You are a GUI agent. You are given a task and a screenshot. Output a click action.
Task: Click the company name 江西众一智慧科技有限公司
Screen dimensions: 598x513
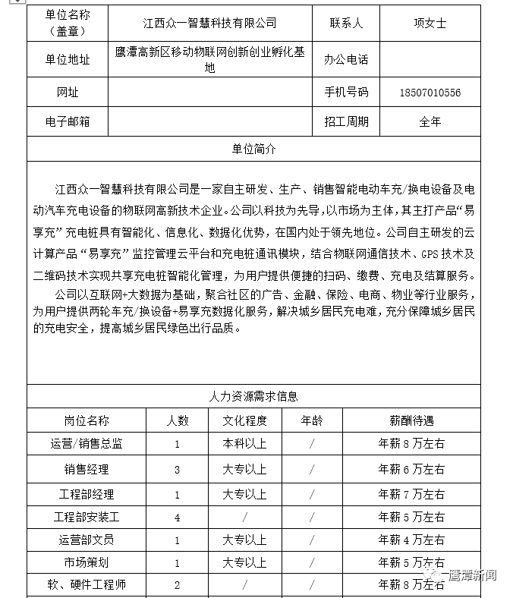click(210, 24)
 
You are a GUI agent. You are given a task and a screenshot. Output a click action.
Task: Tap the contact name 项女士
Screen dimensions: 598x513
click(430, 24)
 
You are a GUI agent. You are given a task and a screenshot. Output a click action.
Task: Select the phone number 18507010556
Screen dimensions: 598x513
click(430, 93)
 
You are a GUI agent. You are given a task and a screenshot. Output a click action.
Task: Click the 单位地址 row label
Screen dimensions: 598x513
click(68, 60)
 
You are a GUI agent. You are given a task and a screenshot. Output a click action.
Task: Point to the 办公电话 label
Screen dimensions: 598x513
click(346, 60)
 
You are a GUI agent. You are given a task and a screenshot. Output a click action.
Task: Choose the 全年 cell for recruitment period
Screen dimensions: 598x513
click(430, 121)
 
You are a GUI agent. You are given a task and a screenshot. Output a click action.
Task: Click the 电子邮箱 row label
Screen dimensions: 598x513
click(68, 121)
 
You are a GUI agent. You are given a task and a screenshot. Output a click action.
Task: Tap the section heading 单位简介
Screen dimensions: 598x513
click(253, 149)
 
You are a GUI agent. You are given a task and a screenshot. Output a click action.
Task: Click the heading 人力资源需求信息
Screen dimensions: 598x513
click(253, 396)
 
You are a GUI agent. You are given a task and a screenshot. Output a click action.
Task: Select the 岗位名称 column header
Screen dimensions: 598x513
click(87, 420)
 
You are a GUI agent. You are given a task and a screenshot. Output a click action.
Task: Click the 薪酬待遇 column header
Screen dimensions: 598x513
click(411, 420)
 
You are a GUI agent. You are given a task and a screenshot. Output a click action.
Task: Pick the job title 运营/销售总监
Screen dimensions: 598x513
click(87, 444)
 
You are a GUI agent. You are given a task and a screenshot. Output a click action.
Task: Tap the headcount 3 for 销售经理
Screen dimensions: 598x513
click(177, 470)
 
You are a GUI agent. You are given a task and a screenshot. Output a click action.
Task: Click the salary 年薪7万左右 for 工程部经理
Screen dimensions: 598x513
click(411, 494)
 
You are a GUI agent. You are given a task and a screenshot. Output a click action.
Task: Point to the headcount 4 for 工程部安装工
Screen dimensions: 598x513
click(177, 518)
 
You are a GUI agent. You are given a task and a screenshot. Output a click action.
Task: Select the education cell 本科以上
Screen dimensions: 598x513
click(244, 444)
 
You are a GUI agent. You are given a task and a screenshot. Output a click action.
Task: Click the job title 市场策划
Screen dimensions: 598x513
click(87, 563)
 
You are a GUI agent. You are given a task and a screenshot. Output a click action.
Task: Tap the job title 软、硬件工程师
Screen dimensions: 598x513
click(87, 585)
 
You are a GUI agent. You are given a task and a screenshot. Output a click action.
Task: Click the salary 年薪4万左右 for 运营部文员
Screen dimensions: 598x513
click(411, 540)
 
